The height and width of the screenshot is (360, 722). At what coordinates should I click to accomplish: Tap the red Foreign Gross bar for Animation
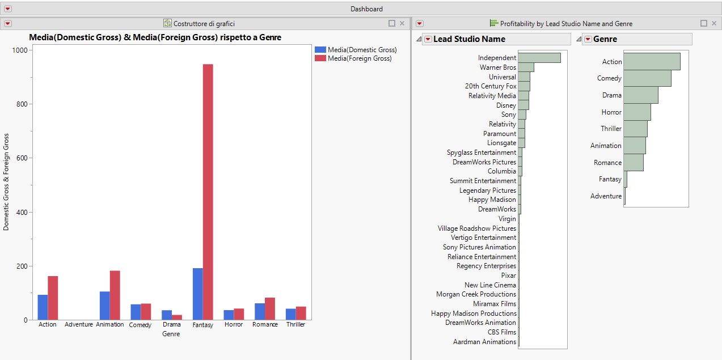pyautogui.click(x=115, y=295)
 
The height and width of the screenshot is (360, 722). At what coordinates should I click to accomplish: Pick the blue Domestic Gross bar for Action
pyautogui.click(x=43, y=307)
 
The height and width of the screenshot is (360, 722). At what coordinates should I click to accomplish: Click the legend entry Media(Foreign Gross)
pyautogui.click(x=359, y=58)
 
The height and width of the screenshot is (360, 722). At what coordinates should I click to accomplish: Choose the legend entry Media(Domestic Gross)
pyautogui.click(x=362, y=50)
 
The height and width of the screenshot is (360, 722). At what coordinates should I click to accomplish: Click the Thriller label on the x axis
pyautogui.click(x=295, y=325)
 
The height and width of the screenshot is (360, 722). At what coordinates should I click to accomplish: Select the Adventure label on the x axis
pyautogui.click(x=79, y=325)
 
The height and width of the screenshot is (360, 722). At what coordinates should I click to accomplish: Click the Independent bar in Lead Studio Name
pyautogui.click(x=539, y=58)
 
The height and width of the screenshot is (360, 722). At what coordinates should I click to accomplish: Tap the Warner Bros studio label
pyautogui.click(x=498, y=67)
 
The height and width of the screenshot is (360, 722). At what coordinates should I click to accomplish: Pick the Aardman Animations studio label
pyautogui.click(x=485, y=342)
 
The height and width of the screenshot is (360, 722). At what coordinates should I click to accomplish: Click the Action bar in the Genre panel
pyautogui.click(x=652, y=61)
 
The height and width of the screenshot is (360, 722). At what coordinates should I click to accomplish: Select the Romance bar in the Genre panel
pyautogui.click(x=634, y=162)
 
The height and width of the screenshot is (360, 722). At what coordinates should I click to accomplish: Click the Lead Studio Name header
pyautogui.click(x=469, y=39)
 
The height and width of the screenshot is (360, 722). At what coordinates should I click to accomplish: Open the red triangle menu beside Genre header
pyautogui.click(x=588, y=39)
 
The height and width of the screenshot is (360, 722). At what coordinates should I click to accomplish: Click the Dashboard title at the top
pyautogui.click(x=366, y=9)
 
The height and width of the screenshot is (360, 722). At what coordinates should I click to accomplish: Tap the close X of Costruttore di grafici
pyautogui.click(x=402, y=23)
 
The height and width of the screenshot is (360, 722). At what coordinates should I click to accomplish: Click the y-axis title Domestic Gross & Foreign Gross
pyautogui.click(x=6, y=182)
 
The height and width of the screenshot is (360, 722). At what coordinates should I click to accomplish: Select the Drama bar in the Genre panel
pyautogui.click(x=641, y=95)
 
